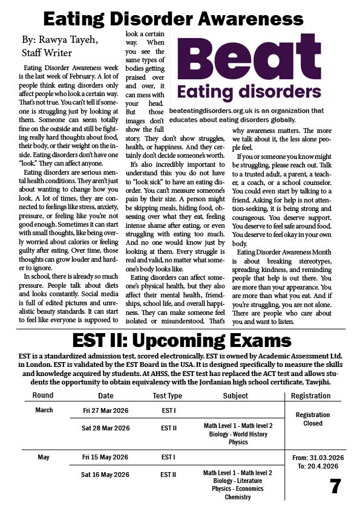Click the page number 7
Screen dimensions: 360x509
coord(335,486)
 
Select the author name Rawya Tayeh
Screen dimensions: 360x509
coord(73,40)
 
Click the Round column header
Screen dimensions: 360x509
coord(43,396)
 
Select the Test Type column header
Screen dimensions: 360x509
coord(167,396)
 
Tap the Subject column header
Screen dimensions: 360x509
coord(235,396)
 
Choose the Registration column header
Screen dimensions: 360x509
coord(310,396)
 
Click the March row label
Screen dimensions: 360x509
coord(44,410)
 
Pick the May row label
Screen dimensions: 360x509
coord(44,458)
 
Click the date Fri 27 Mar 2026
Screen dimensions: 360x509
coord(106,410)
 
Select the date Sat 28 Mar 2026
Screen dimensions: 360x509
coord(106,428)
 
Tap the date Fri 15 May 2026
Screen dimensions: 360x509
coord(106,458)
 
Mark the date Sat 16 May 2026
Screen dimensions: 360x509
coord(106,475)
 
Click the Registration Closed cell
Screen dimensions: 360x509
coord(313,419)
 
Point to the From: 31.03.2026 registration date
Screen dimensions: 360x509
coord(316,458)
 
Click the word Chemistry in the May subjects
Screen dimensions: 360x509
coord(237,497)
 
